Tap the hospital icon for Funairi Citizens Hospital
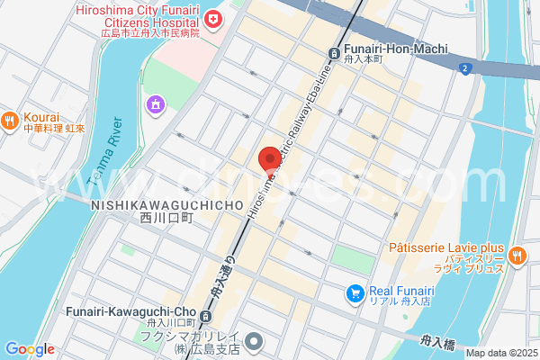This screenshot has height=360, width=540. click(213, 18)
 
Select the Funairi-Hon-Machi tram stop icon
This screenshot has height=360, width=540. click(335, 52)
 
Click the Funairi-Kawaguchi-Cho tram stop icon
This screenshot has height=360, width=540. click(206, 316)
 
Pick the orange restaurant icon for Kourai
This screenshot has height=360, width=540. click(10, 119)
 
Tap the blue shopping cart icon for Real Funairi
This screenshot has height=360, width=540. click(356, 292)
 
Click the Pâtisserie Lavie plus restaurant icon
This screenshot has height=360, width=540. click(517, 255)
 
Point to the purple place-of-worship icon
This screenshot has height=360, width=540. click(156, 105)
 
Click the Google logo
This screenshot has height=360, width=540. click(30, 349)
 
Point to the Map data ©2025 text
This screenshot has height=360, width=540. click(501, 353)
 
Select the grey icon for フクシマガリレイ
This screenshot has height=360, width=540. click(256, 340)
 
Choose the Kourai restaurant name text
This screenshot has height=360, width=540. click(42, 117)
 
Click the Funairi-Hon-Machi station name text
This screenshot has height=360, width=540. click(393, 50)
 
